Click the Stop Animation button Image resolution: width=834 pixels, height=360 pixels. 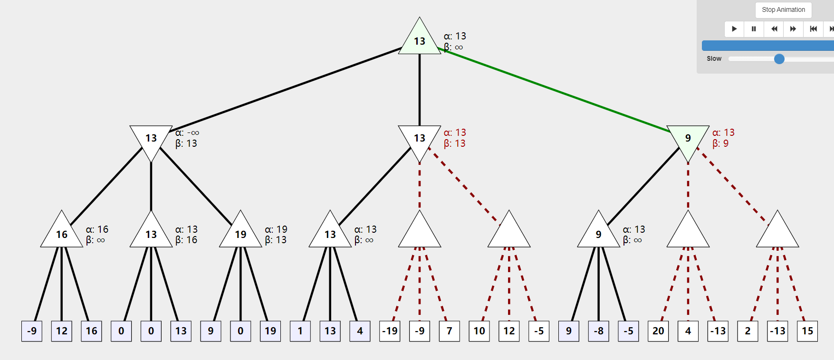pyautogui.click(x=783, y=10)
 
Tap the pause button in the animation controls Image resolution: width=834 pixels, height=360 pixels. pyautogui.click(x=754, y=29)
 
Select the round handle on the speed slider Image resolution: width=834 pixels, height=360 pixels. pyautogui.click(x=779, y=59)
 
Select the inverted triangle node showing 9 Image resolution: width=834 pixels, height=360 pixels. pyautogui.click(x=688, y=142)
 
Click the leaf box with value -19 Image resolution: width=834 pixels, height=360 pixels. pyautogui.click(x=390, y=331)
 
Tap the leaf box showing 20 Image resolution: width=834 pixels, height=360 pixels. pyautogui.click(x=658, y=331)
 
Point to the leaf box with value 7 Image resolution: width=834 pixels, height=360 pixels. pyautogui.click(x=450, y=331)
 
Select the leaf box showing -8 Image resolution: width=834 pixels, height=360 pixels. pyautogui.click(x=599, y=331)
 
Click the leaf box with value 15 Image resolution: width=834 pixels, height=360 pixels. pyautogui.click(x=807, y=331)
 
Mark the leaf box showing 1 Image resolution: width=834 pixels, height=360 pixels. pyautogui.click(x=300, y=331)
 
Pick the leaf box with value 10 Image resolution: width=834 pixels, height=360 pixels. pyautogui.click(x=479, y=331)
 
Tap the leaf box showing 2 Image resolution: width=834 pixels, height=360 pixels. pyautogui.click(x=748, y=331)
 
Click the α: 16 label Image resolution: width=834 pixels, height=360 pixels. pyautogui.click(x=97, y=229)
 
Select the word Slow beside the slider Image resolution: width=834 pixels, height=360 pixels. pyautogui.click(x=714, y=59)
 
